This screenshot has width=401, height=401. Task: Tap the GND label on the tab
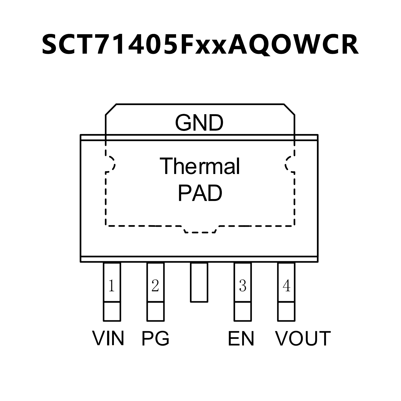(199, 123)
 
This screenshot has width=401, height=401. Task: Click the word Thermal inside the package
(200, 166)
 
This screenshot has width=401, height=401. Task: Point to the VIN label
(108, 338)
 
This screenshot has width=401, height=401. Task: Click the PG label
(155, 338)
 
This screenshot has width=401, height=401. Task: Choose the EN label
(241, 338)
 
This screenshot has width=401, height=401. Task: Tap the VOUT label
(303, 338)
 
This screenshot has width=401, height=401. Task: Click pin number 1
(112, 286)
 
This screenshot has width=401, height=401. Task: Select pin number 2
(155, 286)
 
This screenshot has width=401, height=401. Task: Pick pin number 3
(243, 286)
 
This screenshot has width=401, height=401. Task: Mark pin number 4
(287, 286)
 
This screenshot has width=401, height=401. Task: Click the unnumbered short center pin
(199, 282)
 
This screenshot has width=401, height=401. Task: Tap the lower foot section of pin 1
(112, 311)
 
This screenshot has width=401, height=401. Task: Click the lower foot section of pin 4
(286, 311)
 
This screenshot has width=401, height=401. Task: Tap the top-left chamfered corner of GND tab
(111, 109)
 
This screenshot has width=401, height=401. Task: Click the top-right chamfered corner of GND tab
(289, 109)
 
